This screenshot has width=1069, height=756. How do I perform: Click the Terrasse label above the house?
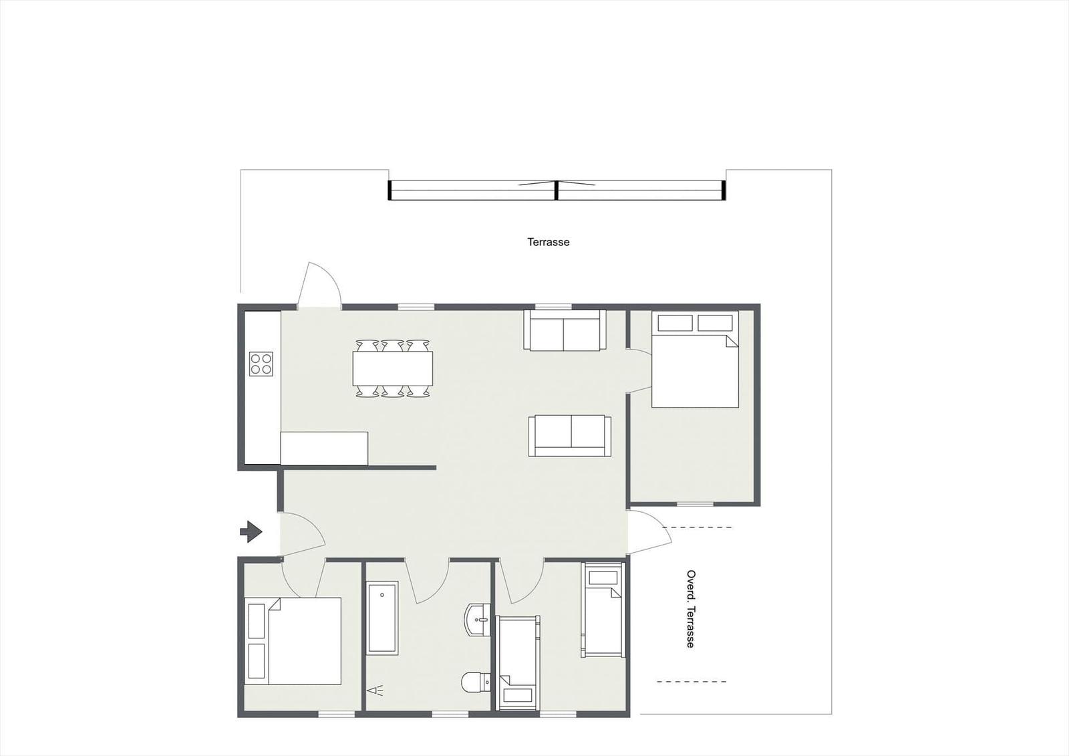(x=549, y=242)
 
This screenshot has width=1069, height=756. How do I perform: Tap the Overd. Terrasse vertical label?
(x=690, y=608)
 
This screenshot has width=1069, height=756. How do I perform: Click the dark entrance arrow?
(x=251, y=531)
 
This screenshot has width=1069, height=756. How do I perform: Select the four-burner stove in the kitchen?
(x=261, y=364)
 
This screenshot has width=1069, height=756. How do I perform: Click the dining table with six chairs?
(x=393, y=368)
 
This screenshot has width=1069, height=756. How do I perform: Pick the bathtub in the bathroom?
(x=381, y=618)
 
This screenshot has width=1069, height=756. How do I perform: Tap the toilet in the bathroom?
(x=476, y=682)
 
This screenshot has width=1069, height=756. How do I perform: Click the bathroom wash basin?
(x=478, y=620)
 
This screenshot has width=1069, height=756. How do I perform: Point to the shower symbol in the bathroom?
(x=375, y=690)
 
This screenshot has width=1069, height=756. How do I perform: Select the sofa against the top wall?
(x=565, y=330)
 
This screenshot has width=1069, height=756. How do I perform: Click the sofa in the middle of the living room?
(x=570, y=436)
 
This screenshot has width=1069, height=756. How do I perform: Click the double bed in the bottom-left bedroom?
(x=293, y=640)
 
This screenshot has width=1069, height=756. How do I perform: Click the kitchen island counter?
(x=324, y=449)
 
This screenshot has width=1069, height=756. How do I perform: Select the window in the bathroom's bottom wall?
(x=450, y=714)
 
